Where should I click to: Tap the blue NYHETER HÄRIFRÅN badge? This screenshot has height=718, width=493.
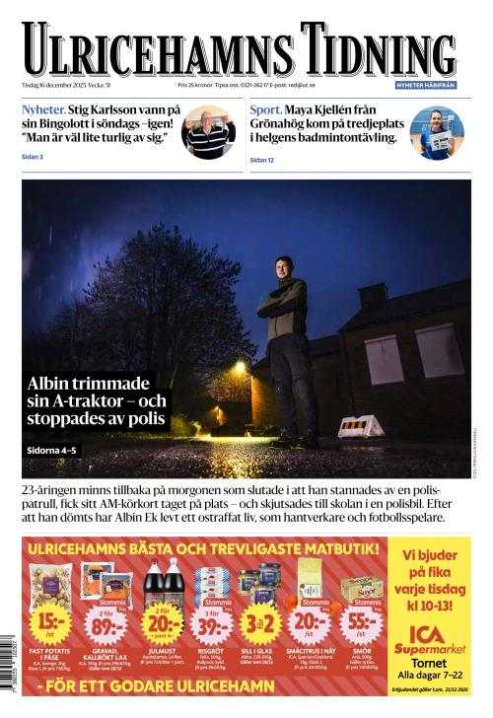tap(427, 86)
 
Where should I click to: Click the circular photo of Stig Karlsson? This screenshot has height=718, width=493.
tap(208, 132)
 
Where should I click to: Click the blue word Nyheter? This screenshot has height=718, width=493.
tap(43, 109)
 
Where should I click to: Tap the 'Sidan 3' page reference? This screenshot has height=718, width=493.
tap(33, 157)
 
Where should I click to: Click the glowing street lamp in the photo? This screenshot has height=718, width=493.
tap(240, 367)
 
